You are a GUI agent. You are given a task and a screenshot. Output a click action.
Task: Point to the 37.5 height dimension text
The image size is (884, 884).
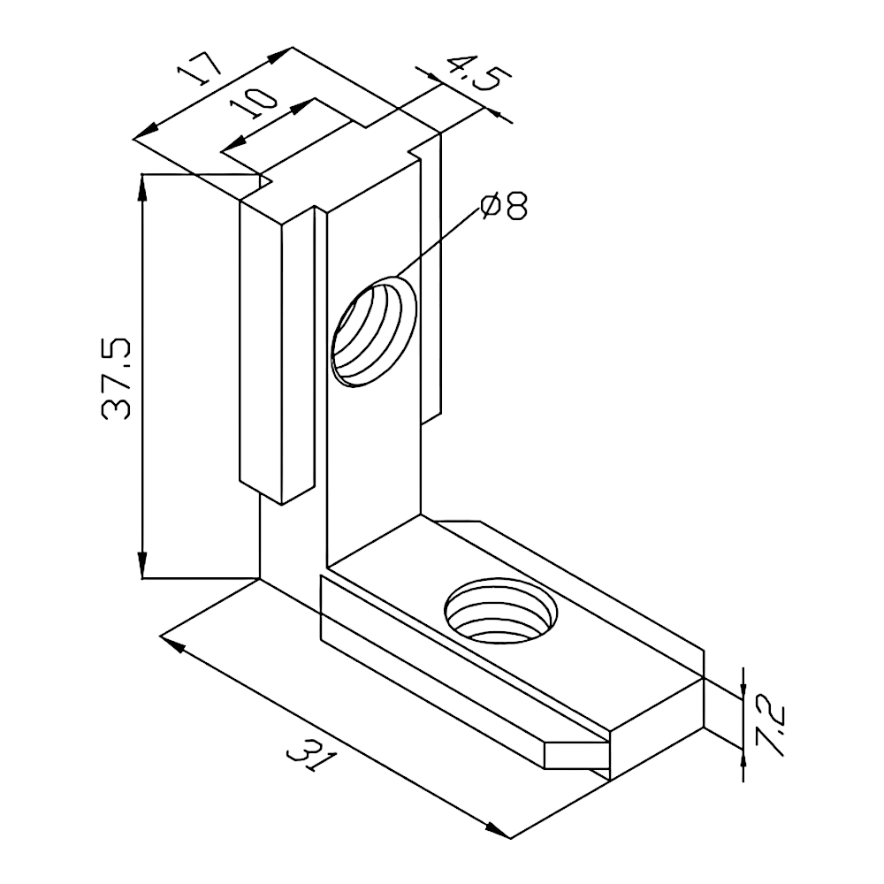[x=117, y=377]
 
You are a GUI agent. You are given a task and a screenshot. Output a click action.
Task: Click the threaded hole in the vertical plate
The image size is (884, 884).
[x=374, y=331]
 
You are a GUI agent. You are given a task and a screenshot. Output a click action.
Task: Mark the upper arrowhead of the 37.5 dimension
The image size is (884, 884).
[x=142, y=186]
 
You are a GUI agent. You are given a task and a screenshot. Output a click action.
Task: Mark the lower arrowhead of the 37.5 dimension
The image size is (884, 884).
[x=142, y=566]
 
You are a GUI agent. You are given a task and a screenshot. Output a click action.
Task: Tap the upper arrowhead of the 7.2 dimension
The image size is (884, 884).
[x=743, y=686]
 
